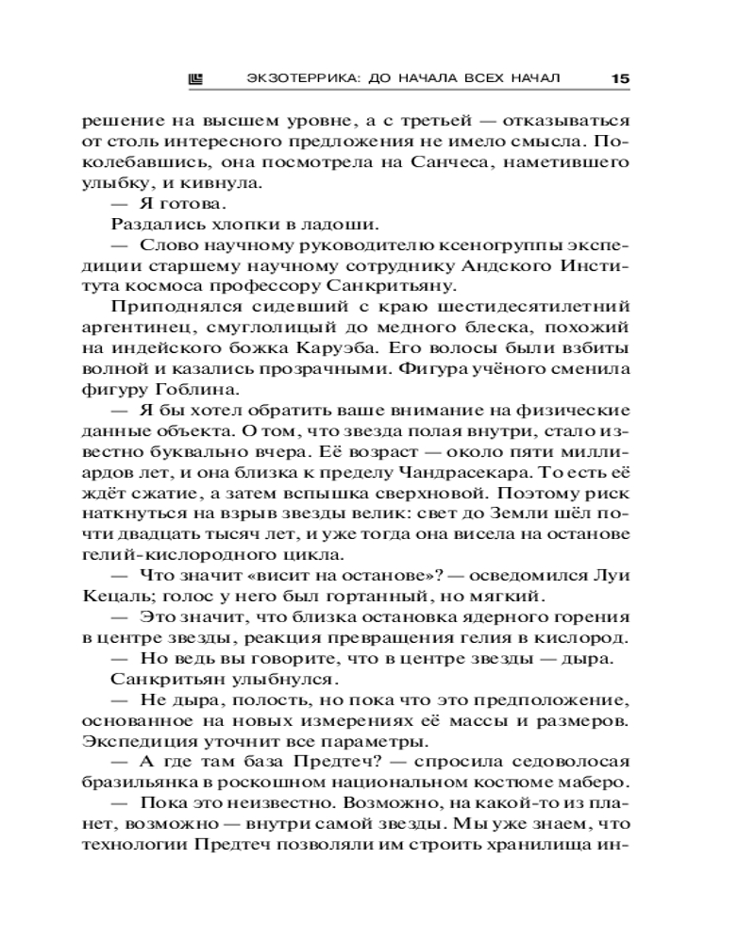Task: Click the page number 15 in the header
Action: click(619, 77)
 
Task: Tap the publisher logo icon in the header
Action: click(198, 77)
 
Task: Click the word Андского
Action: click(517, 264)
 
